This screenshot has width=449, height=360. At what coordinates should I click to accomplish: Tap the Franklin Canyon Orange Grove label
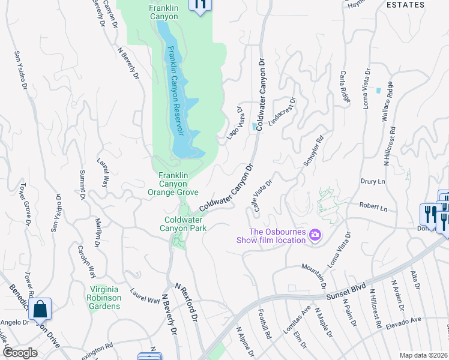173,184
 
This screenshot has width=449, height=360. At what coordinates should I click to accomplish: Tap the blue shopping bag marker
40,310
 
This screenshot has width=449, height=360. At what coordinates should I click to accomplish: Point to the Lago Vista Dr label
235,124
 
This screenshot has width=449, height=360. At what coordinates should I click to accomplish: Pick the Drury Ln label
373,181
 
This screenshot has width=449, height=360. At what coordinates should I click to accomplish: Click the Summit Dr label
83,185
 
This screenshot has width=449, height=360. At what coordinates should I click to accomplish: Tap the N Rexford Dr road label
186,302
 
